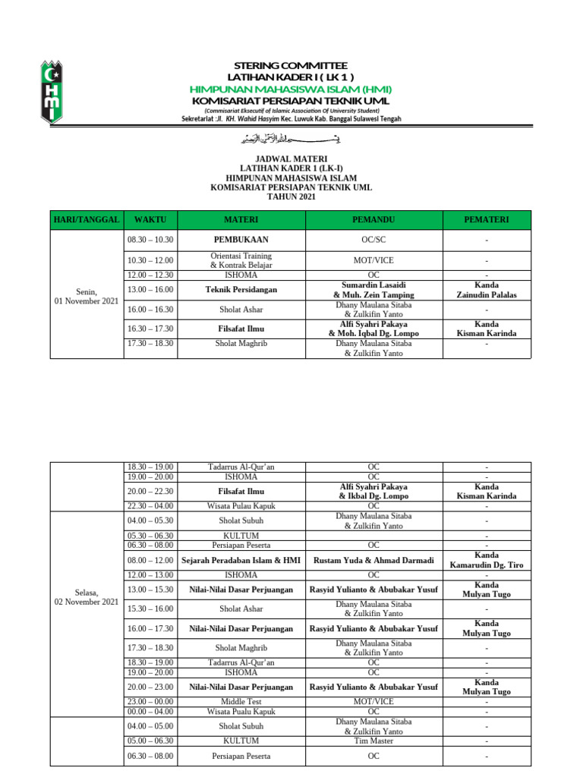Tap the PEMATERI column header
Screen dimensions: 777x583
pyautogui.click(x=487, y=220)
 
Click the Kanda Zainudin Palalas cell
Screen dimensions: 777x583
pyautogui.click(x=487, y=289)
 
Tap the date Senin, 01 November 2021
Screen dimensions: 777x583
pyautogui.click(x=87, y=296)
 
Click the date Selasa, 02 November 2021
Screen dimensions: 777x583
pyautogui.click(x=87, y=596)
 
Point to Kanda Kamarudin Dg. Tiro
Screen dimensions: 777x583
pyautogui.click(x=487, y=560)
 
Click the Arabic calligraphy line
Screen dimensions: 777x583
pyautogui.click(x=291, y=138)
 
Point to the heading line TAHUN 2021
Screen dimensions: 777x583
pyautogui.click(x=291, y=197)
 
